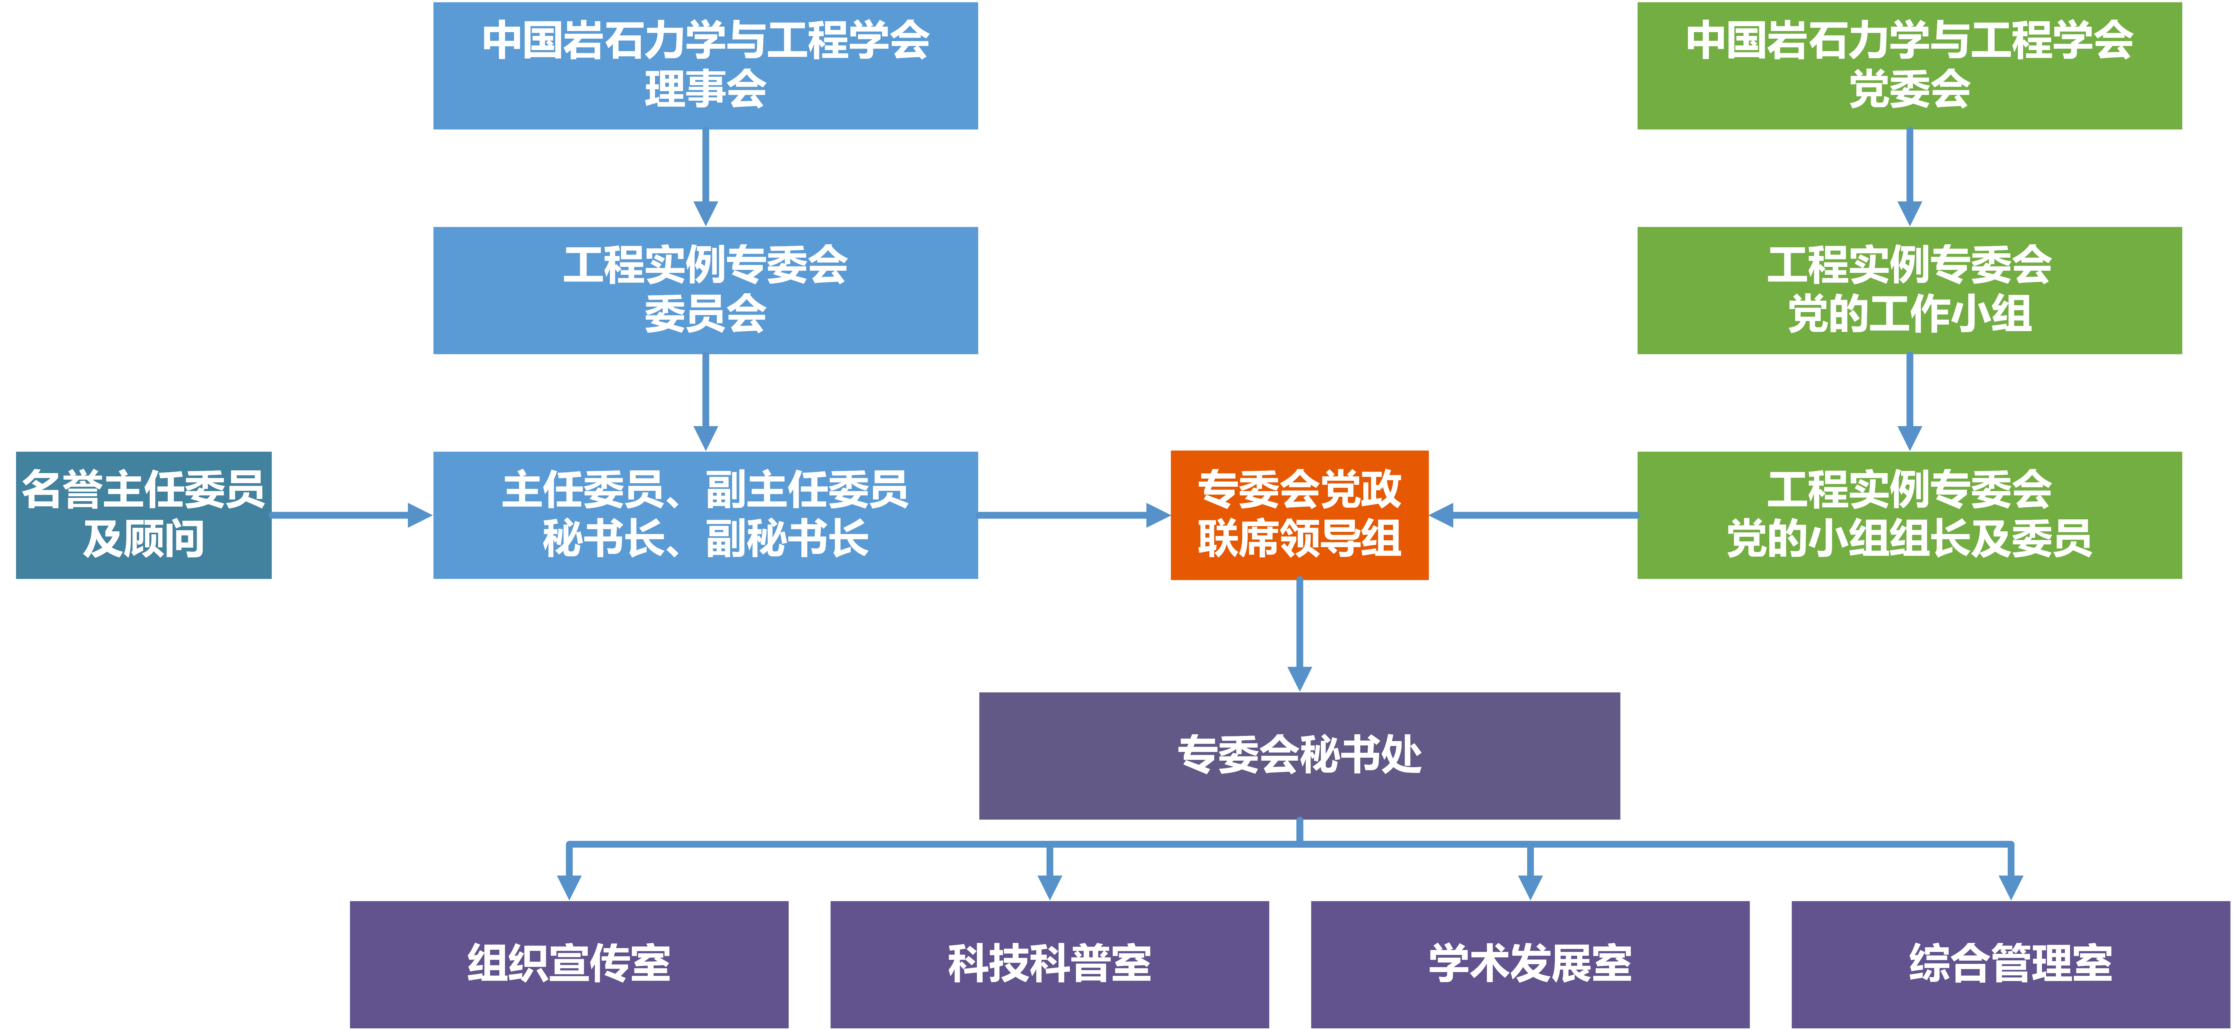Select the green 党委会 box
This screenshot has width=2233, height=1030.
coord(1909,66)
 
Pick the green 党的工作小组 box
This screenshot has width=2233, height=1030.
coord(1909,291)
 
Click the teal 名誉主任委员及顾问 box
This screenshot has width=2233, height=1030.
coord(144,515)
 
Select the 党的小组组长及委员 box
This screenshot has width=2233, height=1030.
coord(1909,515)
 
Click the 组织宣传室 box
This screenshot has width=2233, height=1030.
coord(569,964)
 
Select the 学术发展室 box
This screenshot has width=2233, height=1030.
coord(1530,964)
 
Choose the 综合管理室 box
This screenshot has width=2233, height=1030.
coord(2010,964)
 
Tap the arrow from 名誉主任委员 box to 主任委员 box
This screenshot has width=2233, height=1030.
coord(351,515)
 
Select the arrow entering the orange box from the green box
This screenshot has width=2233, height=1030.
coord(1533,515)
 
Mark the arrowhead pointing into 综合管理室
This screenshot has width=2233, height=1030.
coord(2010,886)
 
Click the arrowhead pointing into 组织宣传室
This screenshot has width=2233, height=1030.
coord(569,886)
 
